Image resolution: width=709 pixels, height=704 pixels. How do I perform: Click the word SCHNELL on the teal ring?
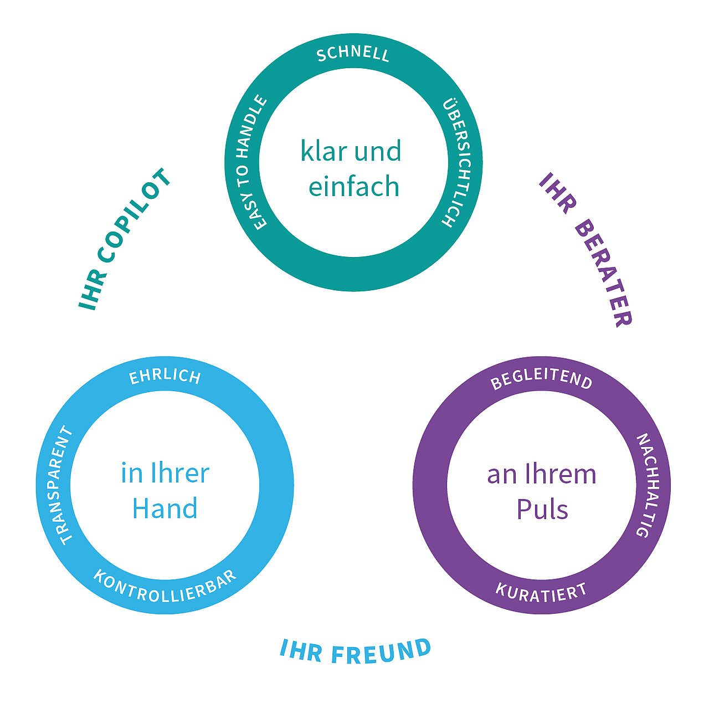[353, 54]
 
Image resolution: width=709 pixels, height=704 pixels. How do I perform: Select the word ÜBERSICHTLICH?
[455, 163]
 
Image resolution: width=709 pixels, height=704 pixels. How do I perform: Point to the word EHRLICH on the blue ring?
[165, 377]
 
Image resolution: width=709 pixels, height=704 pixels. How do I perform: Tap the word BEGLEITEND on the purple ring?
[541, 380]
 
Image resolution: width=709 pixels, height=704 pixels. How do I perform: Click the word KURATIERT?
[541, 592]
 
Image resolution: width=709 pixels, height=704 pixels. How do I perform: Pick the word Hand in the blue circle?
[165, 508]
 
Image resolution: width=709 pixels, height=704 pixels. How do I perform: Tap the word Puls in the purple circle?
[542, 510]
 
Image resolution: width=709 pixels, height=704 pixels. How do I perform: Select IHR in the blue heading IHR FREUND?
[301, 650]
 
